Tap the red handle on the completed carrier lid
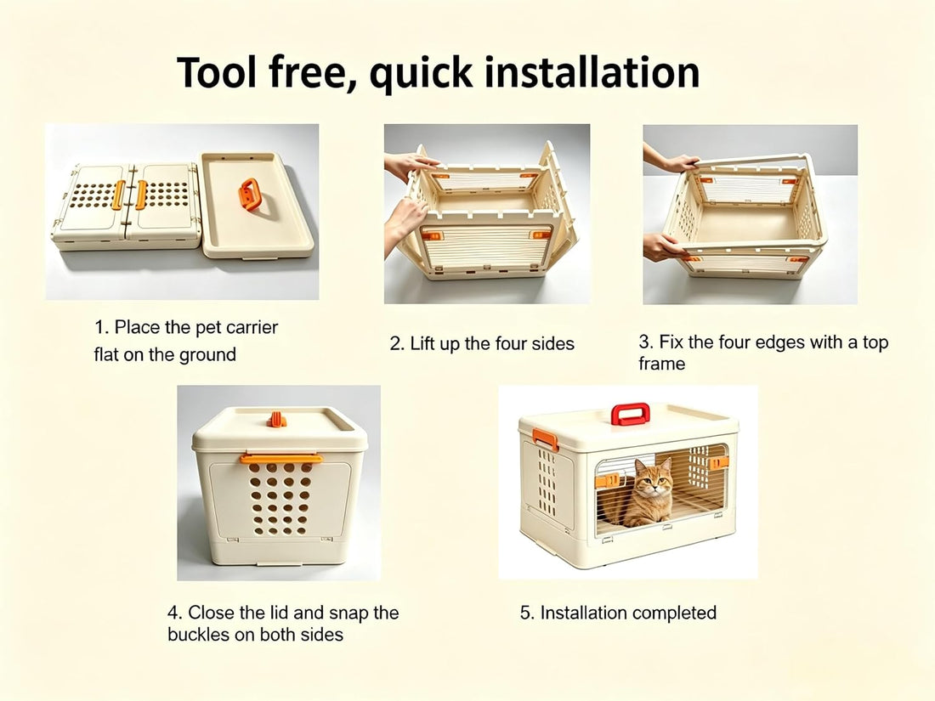coord(631,414)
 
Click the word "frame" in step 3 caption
coord(662,364)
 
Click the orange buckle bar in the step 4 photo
coord(281,458)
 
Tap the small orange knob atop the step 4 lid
coord(276,420)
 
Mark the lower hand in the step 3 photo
coord(661,246)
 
